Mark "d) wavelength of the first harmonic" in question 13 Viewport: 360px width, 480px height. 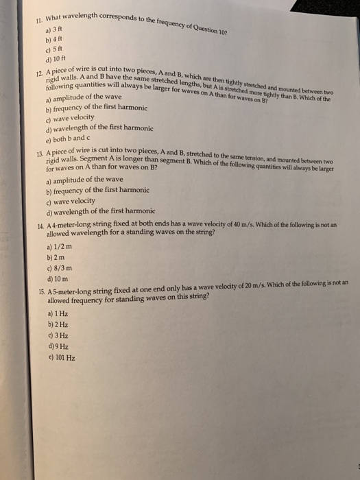[99, 211]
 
